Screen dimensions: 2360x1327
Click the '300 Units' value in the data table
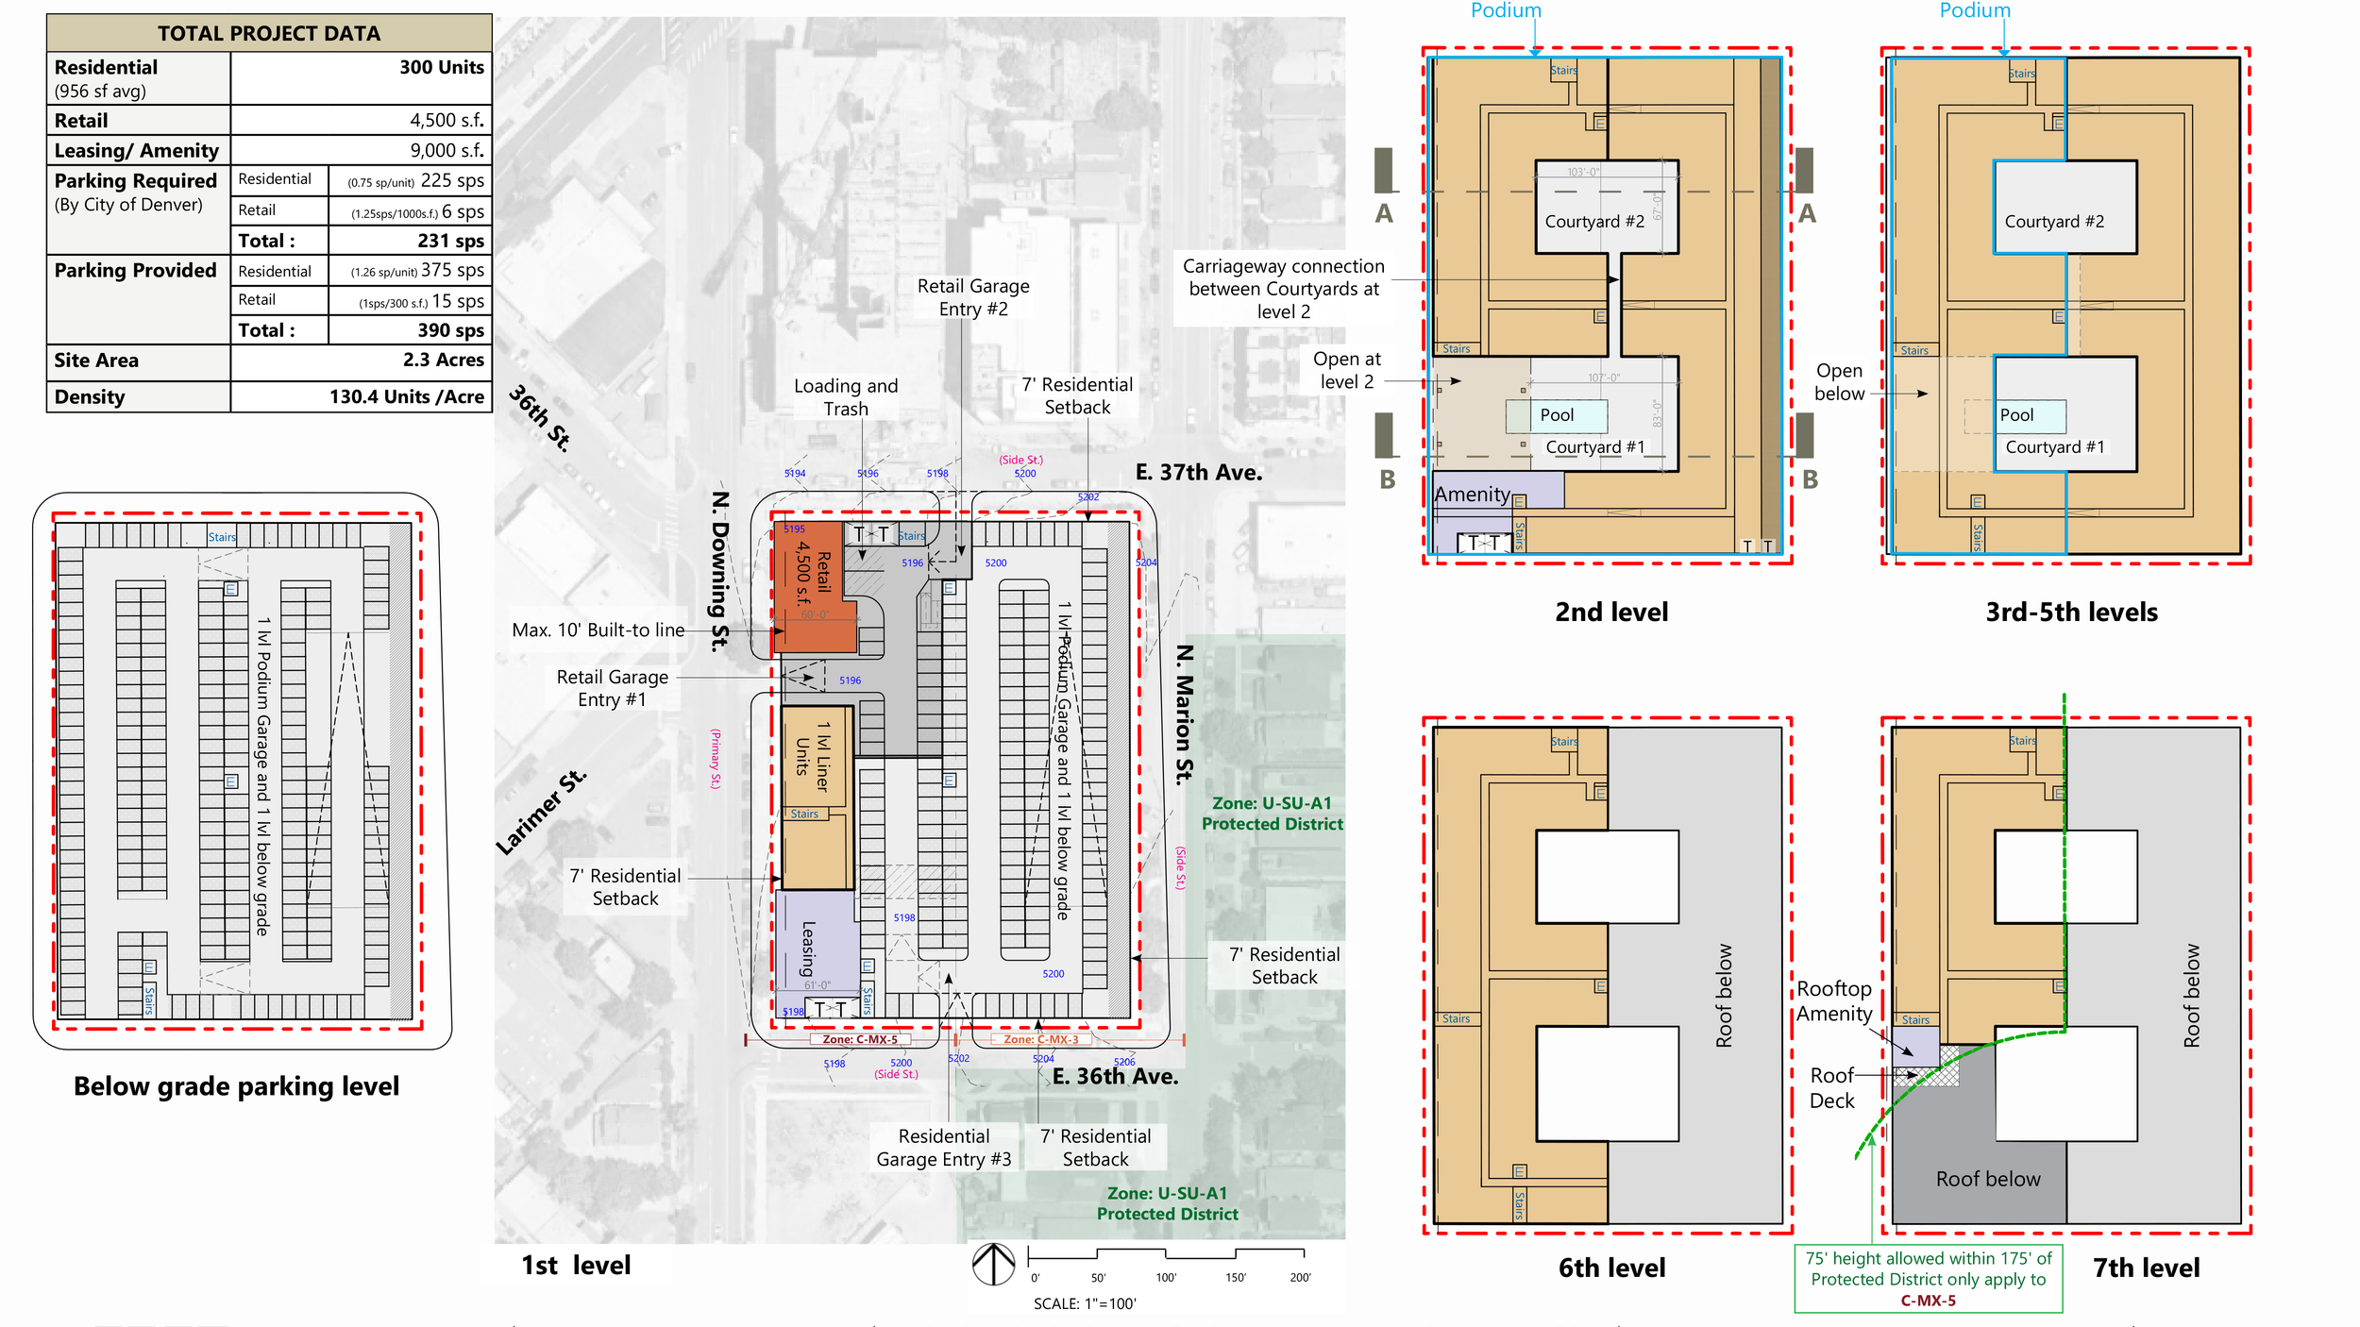tap(441, 67)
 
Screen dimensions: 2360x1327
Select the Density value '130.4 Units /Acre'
tap(406, 397)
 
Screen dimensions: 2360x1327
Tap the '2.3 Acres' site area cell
tap(443, 361)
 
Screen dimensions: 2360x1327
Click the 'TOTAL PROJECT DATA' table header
tap(269, 34)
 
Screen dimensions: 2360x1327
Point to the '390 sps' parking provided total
tap(450, 330)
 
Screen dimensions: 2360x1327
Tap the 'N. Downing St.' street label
tap(720, 571)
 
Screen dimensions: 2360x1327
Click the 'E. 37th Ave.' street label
tap(1198, 473)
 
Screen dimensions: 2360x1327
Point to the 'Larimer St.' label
tap(541, 812)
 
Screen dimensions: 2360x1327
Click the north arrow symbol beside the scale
tap(993, 1263)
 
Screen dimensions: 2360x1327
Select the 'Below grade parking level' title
tap(236, 1086)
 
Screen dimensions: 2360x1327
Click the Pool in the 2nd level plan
tap(1557, 415)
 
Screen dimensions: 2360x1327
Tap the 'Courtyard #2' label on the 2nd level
tap(1594, 222)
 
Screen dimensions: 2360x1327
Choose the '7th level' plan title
tap(2146, 1268)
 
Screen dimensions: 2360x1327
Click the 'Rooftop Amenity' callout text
tap(1833, 1001)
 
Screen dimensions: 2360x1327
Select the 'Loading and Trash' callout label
tap(846, 397)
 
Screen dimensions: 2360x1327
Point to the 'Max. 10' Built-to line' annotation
tap(598, 630)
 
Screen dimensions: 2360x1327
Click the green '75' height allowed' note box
tap(1928, 1280)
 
